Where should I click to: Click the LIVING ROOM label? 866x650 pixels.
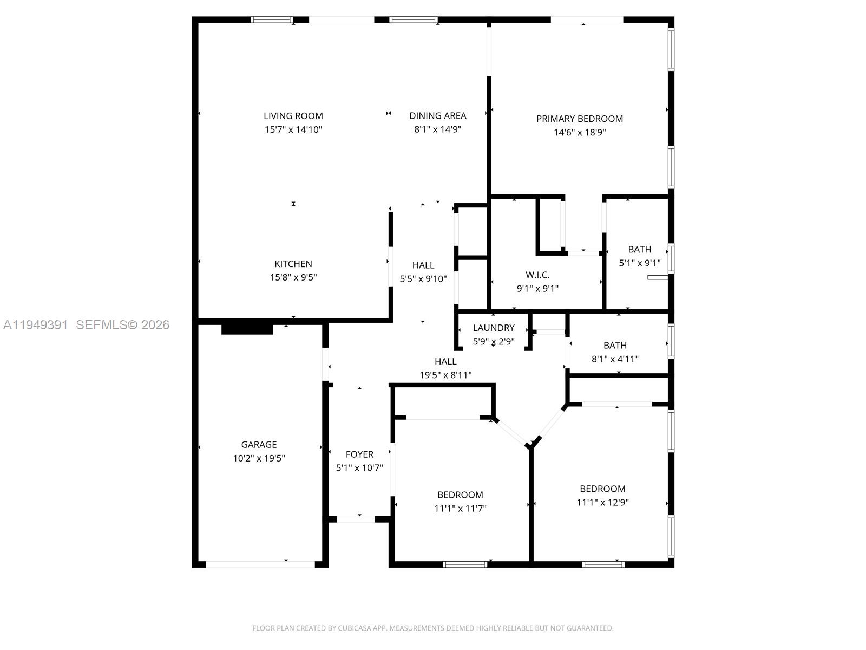click(x=293, y=116)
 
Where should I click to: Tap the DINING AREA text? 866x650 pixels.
click(x=437, y=115)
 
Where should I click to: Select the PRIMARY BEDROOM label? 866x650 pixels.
click(x=579, y=119)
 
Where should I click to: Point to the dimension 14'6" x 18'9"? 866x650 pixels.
click(x=579, y=132)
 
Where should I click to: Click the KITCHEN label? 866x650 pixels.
click(x=293, y=264)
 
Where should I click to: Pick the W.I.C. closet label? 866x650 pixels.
click(x=537, y=275)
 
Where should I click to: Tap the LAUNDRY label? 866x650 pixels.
click(x=493, y=328)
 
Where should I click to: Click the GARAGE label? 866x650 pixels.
click(x=259, y=445)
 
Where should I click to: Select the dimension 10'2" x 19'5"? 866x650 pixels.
click(x=259, y=458)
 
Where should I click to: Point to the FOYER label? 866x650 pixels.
click(x=359, y=454)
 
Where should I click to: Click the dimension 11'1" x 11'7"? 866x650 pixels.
click(x=460, y=509)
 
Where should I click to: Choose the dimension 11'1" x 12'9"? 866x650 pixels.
click(x=602, y=502)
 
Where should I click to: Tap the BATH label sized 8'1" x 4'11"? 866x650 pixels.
click(x=615, y=345)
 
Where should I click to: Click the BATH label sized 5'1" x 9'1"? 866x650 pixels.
click(x=639, y=250)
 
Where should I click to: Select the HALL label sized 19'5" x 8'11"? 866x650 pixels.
click(x=445, y=361)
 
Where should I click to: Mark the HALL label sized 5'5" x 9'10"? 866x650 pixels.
click(x=423, y=265)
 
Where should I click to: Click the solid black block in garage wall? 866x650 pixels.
click(x=247, y=329)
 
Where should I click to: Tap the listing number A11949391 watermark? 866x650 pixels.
click(x=36, y=324)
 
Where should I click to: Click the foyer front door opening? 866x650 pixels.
click(x=356, y=519)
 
